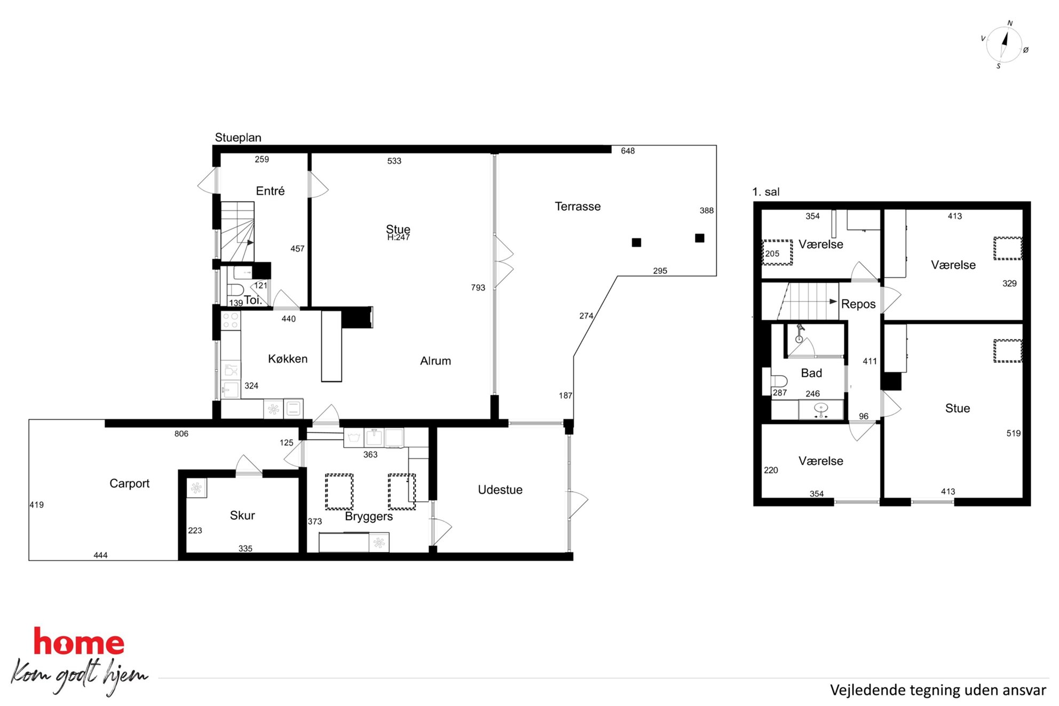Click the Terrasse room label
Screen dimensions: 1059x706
click(578, 207)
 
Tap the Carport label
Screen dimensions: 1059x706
click(129, 483)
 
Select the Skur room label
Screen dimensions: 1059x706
click(242, 515)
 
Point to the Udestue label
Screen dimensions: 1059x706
click(500, 490)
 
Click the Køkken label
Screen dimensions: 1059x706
click(288, 359)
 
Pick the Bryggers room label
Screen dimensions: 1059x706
click(369, 517)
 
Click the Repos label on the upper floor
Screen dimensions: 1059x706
click(858, 304)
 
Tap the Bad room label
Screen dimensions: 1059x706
click(811, 373)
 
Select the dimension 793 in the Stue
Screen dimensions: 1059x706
click(478, 288)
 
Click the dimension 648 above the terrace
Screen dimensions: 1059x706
click(628, 151)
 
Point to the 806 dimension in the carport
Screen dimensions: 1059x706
click(181, 434)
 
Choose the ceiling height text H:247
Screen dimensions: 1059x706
click(398, 237)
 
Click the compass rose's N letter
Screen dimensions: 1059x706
click(1010, 23)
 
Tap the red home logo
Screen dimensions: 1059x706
click(79, 641)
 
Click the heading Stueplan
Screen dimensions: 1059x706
click(238, 138)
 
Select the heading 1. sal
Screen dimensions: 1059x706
click(766, 192)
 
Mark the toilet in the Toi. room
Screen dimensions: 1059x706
click(235, 290)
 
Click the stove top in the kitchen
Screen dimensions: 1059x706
click(231, 321)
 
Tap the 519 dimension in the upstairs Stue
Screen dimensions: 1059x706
click(1014, 433)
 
